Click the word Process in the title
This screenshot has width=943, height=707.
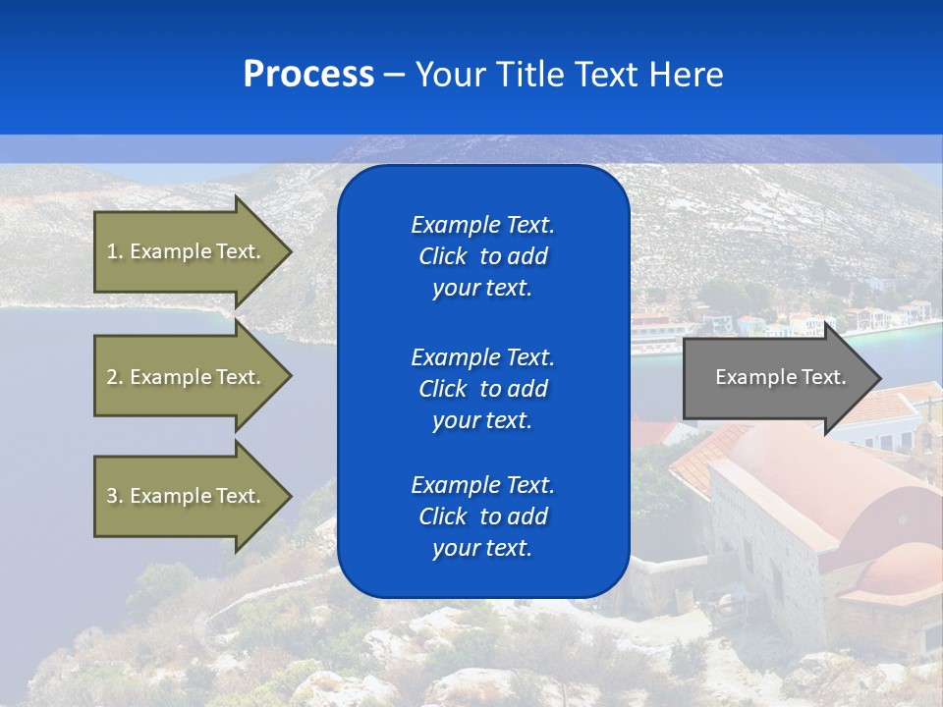[308, 75]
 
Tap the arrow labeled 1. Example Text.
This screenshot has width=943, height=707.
[187, 251]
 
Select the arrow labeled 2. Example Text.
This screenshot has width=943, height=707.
[187, 377]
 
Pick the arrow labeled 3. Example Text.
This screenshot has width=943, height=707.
[187, 496]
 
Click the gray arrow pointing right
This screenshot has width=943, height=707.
[776, 377]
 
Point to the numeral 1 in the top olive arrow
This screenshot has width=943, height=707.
[112, 251]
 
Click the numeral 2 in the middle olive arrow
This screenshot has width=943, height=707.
[112, 377]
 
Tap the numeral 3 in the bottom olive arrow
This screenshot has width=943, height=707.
[112, 496]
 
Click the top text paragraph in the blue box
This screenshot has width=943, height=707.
[482, 256]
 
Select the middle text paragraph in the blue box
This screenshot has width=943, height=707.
[482, 389]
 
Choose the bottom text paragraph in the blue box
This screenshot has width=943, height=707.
[482, 517]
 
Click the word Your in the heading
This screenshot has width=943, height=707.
[450, 75]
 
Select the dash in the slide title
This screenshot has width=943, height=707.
[394, 75]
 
